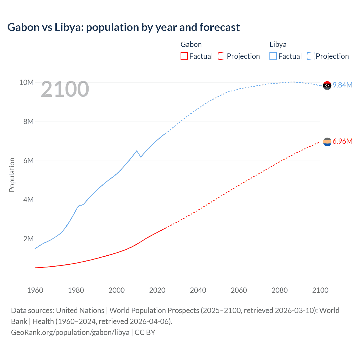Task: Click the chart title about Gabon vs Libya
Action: (x=123, y=27)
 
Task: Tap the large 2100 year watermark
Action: (x=65, y=89)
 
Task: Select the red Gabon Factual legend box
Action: (x=184, y=56)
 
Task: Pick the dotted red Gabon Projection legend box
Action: (x=222, y=56)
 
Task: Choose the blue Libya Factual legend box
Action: (x=273, y=56)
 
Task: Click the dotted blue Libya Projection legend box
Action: (x=310, y=56)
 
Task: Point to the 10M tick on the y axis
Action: (x=26, y=82)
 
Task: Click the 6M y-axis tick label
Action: (x=28, y=161)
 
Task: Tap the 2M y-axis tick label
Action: (x=28, y=239)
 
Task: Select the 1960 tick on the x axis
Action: (x=35, y=290)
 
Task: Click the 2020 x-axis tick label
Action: (x=157, y=290)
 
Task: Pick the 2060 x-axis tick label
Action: (x=239, y=290)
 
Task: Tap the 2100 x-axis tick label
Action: (x=320, y=290)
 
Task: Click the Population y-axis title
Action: (x=12, y=175)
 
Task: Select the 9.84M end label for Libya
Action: (x=343, y=85)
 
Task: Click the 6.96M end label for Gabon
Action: (x=343, y=141)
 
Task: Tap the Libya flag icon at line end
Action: (x=327, y=85)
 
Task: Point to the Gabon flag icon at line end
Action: (x=327, y=142)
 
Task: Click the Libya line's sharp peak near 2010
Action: (x=137, y=151)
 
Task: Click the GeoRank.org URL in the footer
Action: (x=70, y=332)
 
